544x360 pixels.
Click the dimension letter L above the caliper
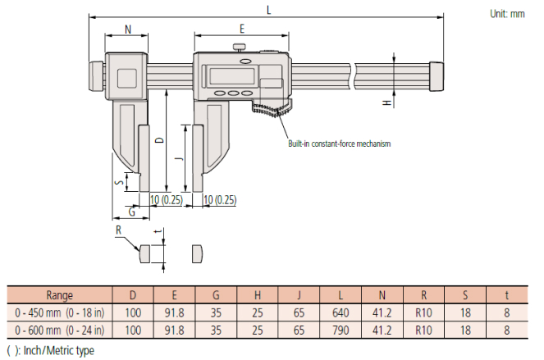pos(268,8)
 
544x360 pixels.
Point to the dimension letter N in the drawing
pos(128,30)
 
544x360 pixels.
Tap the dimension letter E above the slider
pos(241,29)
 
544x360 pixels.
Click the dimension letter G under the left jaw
pos(131,212)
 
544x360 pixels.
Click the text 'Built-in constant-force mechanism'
pos(339,144)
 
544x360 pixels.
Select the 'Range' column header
pos(59,295)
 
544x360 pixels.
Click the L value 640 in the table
pos(341,312)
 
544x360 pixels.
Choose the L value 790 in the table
pos(341,330)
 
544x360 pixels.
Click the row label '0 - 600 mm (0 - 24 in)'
pos(59,330)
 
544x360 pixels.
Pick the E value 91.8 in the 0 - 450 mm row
pos(174,312)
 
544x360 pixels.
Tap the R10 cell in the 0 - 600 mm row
pos(424,330)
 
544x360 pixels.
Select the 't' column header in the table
pos(507,295)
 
